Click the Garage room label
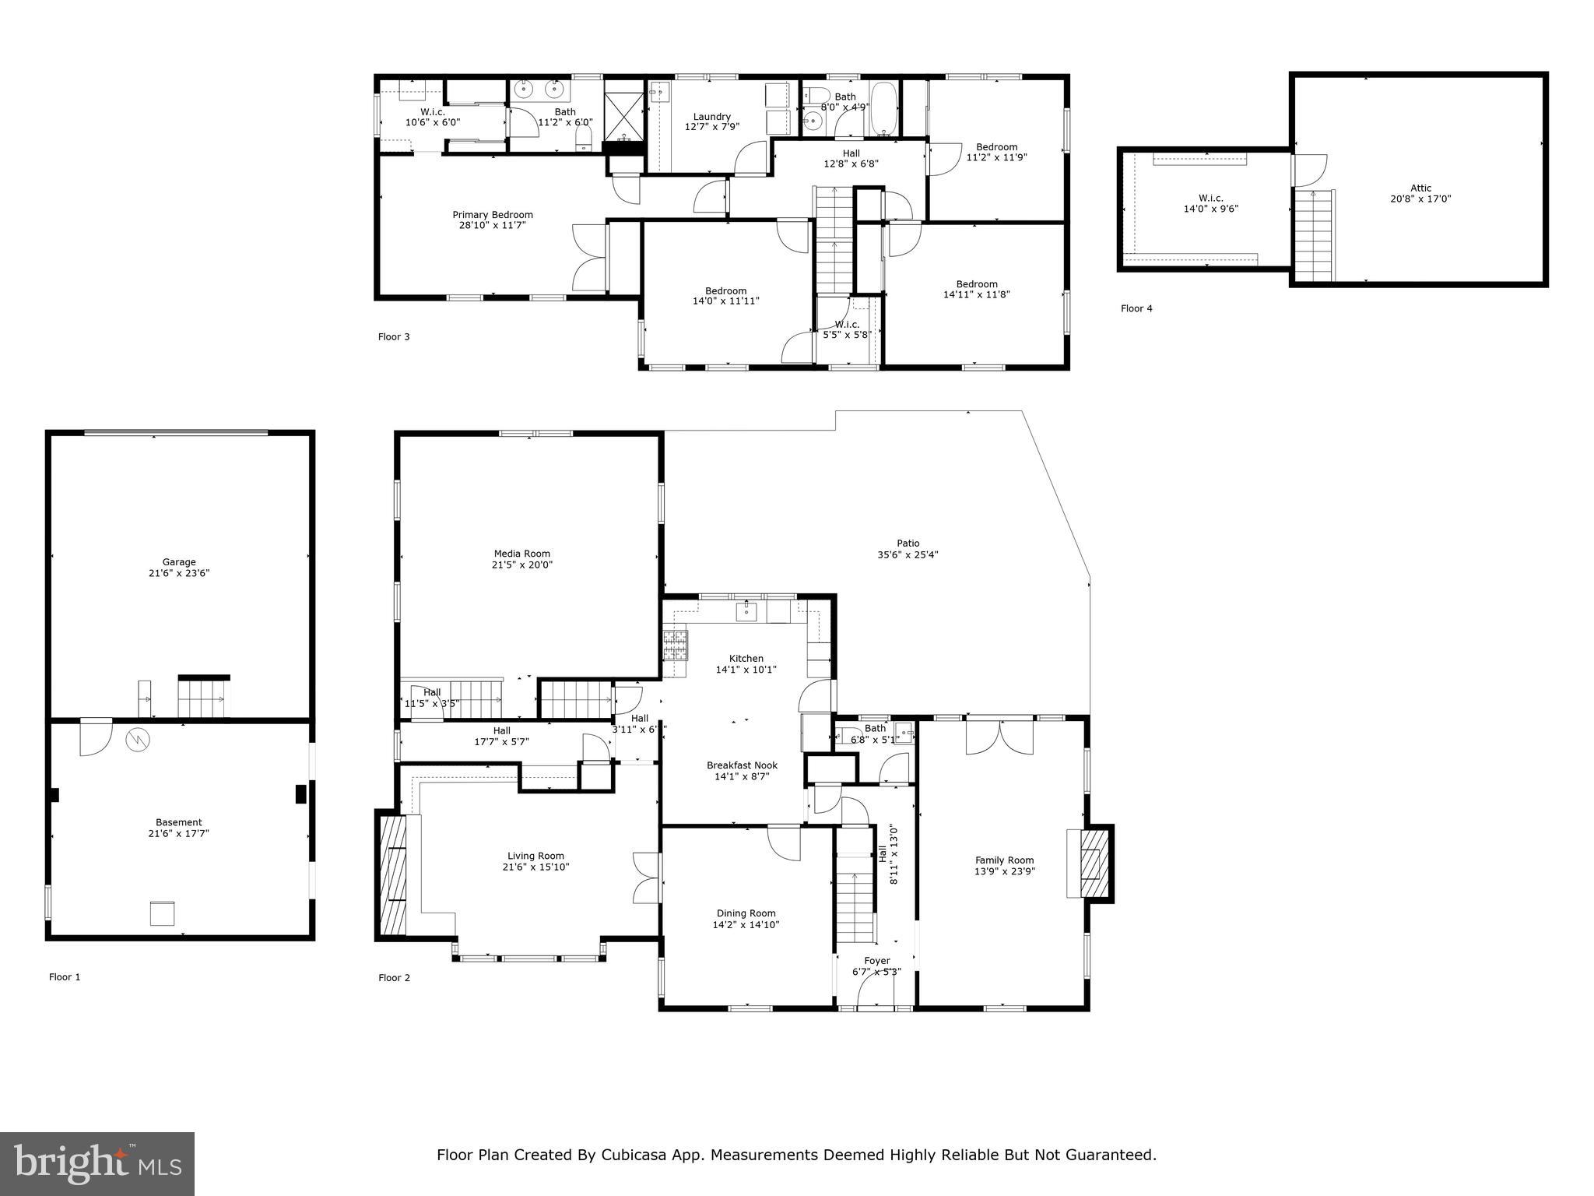[179, 561]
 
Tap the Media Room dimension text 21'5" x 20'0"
[521, 565]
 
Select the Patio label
[908, 543]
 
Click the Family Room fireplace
[1090, 864]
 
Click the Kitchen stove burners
[675, 644]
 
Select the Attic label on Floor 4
[1420, 188]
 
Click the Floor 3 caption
[394, 337]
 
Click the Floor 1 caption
[65, 977]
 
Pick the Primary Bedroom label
[493, 215]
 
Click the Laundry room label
[711, 117]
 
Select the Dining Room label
[746, 913]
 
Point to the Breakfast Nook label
[742, 765]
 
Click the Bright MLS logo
[97, 1163]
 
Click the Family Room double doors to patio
[1000, 737]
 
